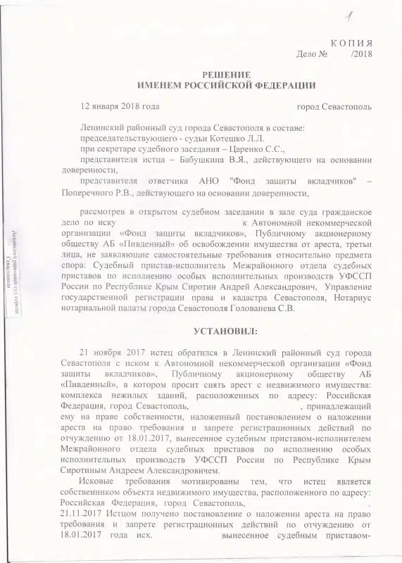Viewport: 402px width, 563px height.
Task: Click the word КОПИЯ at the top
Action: tap(352, 42)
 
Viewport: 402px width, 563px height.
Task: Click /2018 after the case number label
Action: tap(361, 53)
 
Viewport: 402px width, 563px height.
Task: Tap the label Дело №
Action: tap(313, 53)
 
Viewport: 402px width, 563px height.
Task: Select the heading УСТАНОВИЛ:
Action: tap(226, 330)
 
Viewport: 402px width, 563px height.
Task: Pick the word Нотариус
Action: tap(350, 297)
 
